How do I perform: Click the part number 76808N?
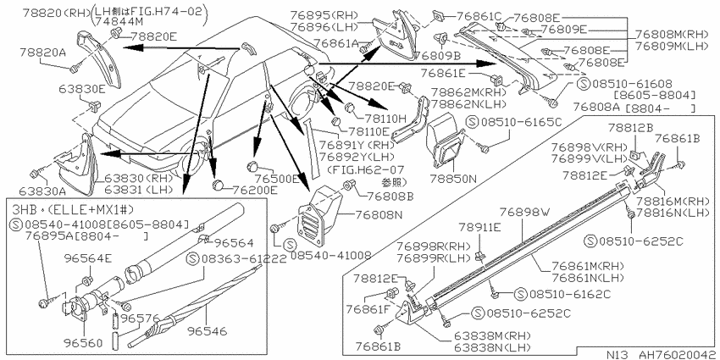(378, 214)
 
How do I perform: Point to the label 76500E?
(277, 178)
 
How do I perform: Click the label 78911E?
(479, 227)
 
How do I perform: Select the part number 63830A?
(42, 190)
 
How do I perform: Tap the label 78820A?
(42, 53)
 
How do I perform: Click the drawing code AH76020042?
(677, 355)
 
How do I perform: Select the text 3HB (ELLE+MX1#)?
(71, 210)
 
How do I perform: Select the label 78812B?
(630, 127)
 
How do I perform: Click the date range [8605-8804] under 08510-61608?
(654, 96)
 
